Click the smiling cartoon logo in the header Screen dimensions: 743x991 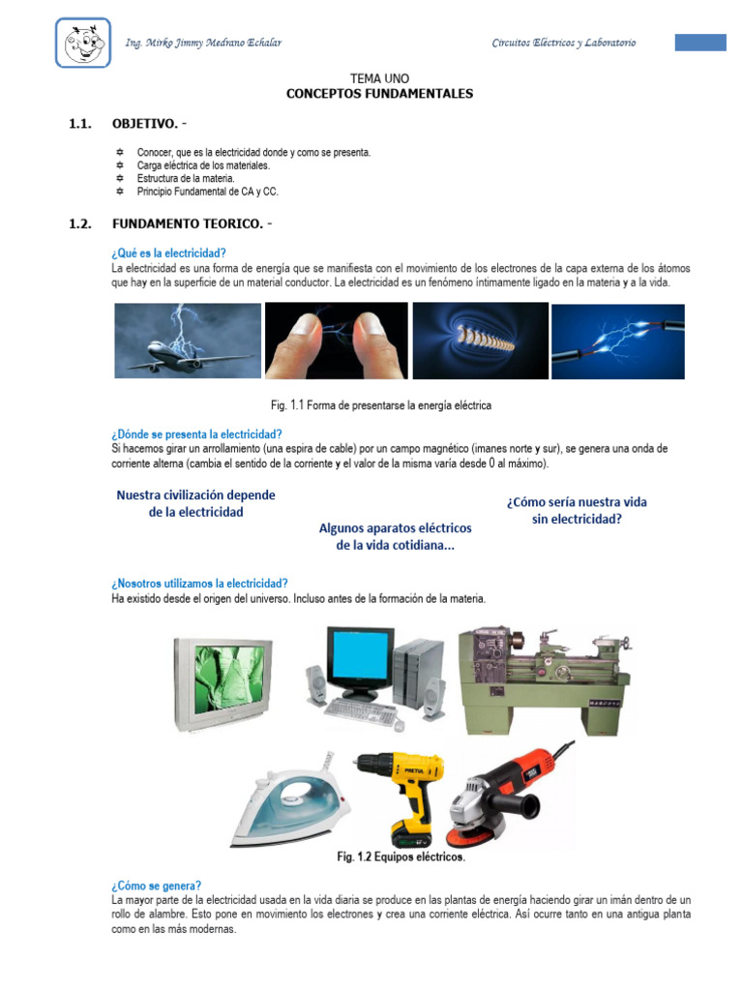coord(83,43)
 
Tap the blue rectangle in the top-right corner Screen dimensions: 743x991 coord(700,43)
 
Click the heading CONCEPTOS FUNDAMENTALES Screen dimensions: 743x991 coord(379,94)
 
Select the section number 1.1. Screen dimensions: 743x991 coord(80,124)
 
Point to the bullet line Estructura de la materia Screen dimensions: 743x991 coord(186,178)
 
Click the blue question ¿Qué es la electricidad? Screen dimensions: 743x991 coord(168,254)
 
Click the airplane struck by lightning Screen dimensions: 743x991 coord(188,341)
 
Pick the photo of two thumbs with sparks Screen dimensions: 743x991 coord(336,341)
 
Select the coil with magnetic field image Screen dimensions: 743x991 coord(480,341)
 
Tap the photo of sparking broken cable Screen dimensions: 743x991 coord(618,342)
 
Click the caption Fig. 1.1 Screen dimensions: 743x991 coord(381,405)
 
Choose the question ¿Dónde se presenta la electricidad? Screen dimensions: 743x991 coord(196,435)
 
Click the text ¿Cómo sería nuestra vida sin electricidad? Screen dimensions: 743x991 coord(577,511)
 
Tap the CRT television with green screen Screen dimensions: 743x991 coord(223,684)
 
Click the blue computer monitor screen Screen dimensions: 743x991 coord(360,655)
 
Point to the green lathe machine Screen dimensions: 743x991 coord(545,681)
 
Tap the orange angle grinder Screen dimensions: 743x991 coord(505,796)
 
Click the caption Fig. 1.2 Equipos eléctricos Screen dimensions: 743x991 coord(401,857)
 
